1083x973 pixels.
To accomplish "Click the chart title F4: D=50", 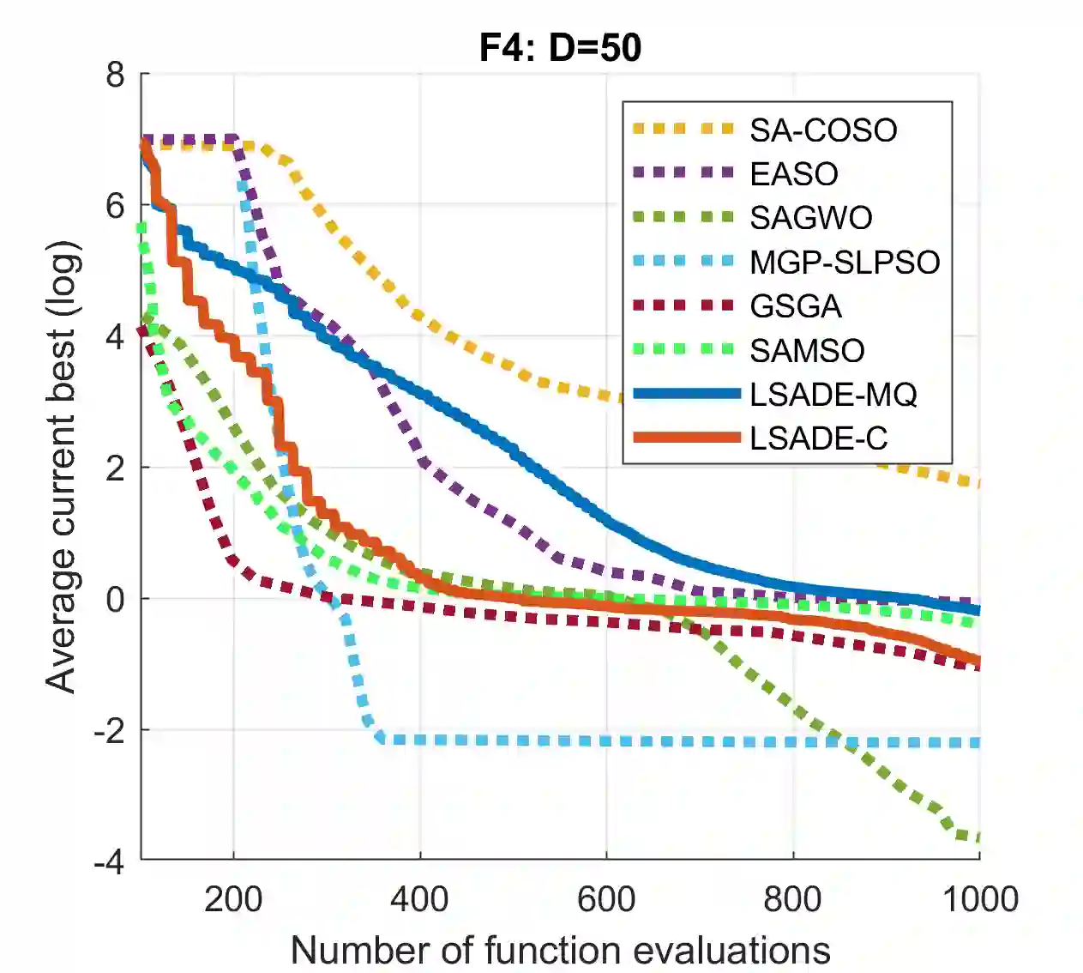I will (560, 47).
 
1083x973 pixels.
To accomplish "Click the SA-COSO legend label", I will (823, 130).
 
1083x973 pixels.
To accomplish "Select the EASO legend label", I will (794, 174).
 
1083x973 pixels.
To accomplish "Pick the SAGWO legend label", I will (811, 218).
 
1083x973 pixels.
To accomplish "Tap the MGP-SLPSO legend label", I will (845, 263).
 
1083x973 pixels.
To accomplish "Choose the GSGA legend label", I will (796, 306).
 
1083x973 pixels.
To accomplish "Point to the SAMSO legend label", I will (807, 350).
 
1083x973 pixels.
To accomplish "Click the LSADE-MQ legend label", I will (833, 395).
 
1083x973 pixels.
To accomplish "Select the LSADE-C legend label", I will (818, 438).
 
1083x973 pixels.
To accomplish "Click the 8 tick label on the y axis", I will (116, 76).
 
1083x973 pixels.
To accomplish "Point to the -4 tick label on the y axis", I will (109, 861).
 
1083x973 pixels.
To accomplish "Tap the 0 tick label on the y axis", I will (116, 599).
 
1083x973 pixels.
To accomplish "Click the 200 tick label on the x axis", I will (233, 899).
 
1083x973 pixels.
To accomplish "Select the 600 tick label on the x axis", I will (606, 899).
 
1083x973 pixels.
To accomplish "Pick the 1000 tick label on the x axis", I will (980, 899).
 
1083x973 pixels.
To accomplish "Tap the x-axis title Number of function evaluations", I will (560, 951).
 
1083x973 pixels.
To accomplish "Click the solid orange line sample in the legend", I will (686, 438).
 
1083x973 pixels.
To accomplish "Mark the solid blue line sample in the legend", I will (686, 394).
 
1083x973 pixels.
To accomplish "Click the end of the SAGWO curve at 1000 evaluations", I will (978, 838).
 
